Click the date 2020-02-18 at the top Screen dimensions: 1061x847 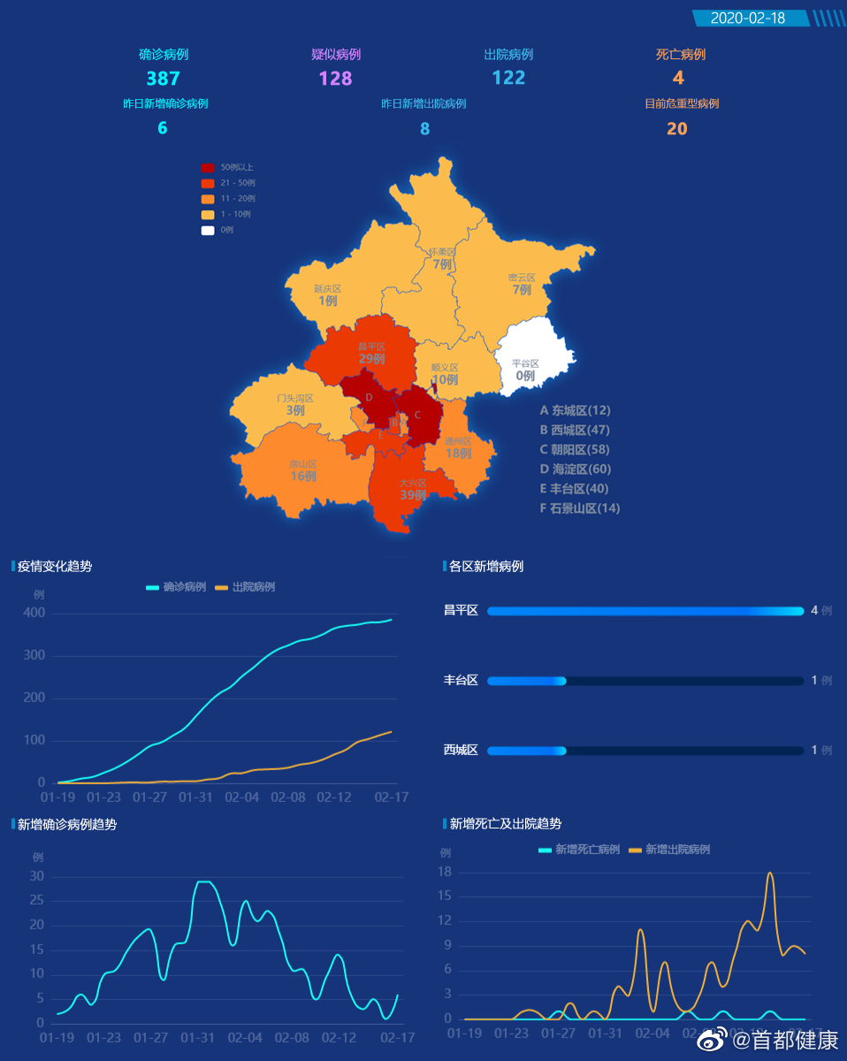point(747,18)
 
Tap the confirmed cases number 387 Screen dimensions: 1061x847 point(163,78)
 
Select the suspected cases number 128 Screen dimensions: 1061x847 point(335,78)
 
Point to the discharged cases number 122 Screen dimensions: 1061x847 point(508,78)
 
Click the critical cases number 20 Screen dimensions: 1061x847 point(676,128)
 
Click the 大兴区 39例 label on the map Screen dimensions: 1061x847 point(412,490)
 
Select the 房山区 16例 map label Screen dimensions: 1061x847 point(302,470)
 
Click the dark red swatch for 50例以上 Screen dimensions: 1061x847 point(208,167)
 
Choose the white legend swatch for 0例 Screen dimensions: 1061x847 point(208,230)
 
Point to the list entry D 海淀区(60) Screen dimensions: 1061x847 point(576,469)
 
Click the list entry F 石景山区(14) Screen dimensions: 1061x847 point(580,508)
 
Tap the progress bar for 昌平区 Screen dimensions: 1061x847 point(645,611)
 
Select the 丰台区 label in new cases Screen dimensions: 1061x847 point(461,680)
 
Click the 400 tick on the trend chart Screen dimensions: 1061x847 point(34,613)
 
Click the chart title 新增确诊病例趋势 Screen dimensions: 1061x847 point(67,824)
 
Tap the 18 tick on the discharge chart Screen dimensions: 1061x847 point(445,873)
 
